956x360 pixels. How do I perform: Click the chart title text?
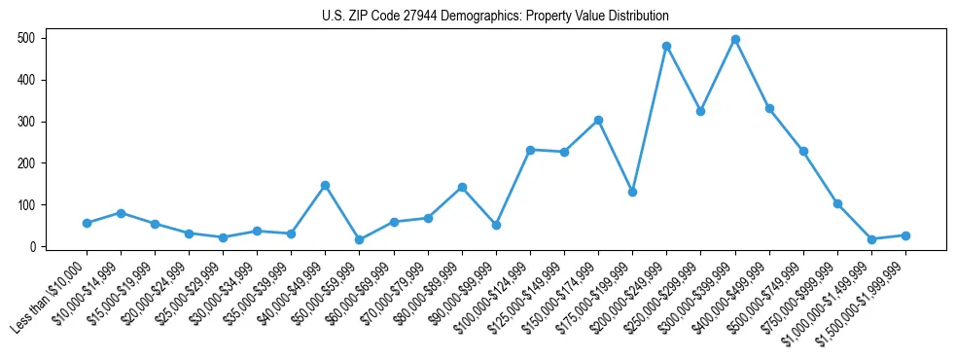pos(495,17)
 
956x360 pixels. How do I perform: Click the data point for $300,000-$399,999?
pos(735,40)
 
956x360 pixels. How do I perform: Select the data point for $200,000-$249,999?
pos(666,46)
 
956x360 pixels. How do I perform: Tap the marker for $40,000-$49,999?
pos(325,185)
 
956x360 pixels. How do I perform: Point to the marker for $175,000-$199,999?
pos(632,192)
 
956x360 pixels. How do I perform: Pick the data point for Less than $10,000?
pos(87,223)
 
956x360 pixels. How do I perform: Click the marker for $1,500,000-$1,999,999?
pos(905,235)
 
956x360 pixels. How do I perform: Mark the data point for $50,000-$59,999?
pos(360,239)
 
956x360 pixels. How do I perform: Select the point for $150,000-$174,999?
pos(598,120)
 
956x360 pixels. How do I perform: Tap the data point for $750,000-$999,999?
pos(837,203)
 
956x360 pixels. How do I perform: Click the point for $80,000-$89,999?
pos(462,187)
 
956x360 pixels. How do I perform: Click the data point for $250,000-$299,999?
pos(700,111)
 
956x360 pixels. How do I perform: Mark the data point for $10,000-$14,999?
pos(121,213)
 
